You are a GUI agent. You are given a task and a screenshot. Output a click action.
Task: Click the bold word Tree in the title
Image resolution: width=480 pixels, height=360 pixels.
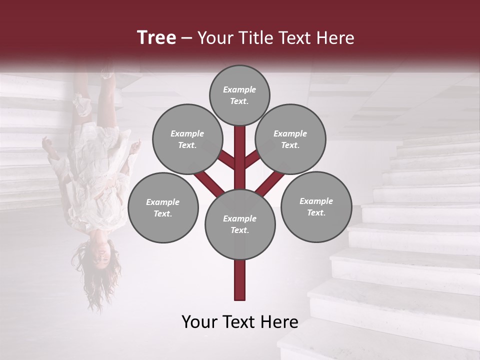point(156,37)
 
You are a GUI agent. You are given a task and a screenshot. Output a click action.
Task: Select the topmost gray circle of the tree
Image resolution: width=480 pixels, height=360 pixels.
point(239,95)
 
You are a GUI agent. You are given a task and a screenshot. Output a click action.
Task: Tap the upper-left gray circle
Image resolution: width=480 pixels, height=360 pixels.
point(187,139)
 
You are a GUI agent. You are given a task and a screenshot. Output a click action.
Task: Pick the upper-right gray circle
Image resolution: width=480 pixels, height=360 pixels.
point(290,139)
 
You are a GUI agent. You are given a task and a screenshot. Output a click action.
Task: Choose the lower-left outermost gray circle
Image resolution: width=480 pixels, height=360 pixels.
point(163,207)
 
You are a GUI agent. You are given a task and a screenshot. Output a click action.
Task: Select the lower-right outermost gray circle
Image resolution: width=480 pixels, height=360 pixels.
point(316,206)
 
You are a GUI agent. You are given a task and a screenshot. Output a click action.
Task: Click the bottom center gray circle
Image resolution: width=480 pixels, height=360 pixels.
point(240,224)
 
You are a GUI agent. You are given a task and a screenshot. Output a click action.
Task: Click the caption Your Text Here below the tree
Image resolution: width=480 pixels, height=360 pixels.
point(240,321)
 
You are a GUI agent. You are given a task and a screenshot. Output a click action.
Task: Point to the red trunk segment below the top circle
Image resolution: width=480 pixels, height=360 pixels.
point(240,150)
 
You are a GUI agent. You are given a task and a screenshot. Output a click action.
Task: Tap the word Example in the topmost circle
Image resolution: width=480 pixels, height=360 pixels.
point(239,89)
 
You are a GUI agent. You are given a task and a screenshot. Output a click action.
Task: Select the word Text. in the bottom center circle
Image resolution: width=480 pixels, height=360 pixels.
point(240,230)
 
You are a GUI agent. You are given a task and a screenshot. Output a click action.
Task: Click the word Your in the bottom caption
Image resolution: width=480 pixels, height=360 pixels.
point(198,321)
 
